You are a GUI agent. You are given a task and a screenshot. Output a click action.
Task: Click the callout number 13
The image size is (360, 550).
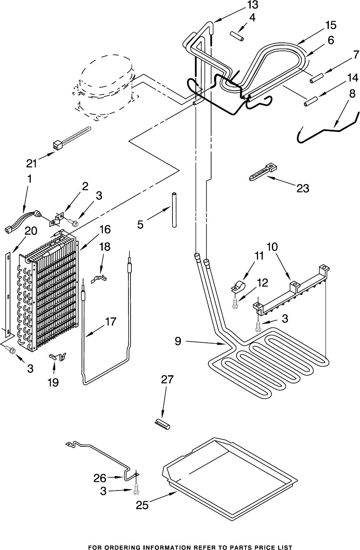pyautogui.click(x=252, y=5)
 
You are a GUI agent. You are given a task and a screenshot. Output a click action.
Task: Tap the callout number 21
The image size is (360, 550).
pyautogui.click(x=32, y=163)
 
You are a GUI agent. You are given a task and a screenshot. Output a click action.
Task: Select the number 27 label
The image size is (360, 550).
pyautogui.click(x=168, y=379)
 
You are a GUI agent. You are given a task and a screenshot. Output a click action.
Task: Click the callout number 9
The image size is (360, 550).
pyautogui.click(x=178, y=341)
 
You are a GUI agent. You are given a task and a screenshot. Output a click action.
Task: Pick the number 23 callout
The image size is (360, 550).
pyautogui.click(x=303, y=188)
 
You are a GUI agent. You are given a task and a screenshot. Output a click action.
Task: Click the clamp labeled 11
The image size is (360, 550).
pyautogui.click(x=238, y=287)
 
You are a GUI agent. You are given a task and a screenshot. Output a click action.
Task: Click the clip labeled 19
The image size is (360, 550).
pyautogui.click(x=58, y=356)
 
